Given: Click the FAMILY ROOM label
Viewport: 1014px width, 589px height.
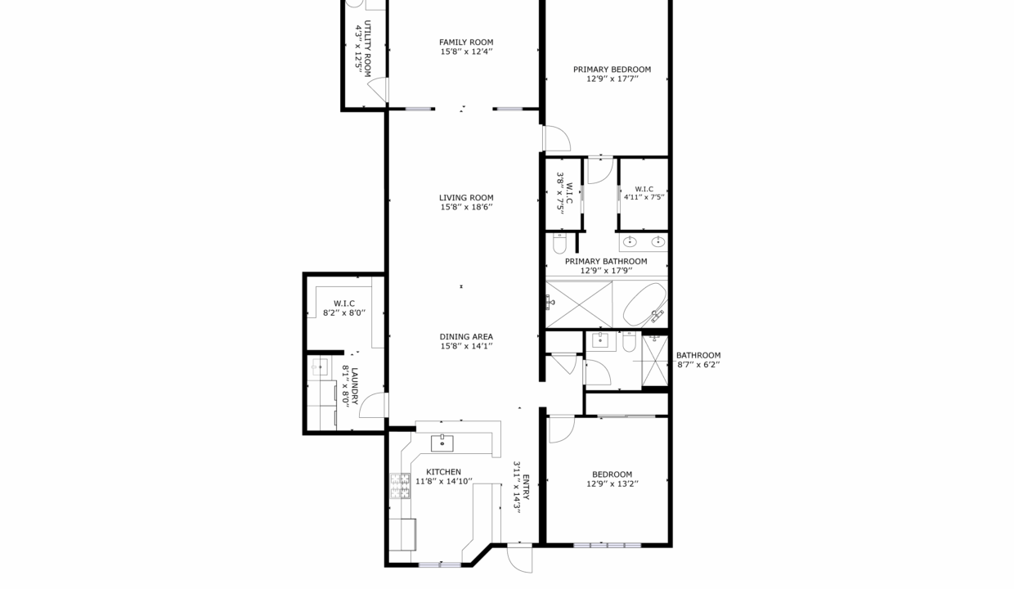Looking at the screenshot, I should (x=465, y=43).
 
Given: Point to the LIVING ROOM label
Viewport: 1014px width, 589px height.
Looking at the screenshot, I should (x=465, y=197).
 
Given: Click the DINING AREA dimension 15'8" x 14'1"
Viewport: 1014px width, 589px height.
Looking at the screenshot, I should (x=465, y=347).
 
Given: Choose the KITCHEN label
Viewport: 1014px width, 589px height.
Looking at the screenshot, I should (x=443, y=472).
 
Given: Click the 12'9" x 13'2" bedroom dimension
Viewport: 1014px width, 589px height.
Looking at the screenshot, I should (x=612, y=484).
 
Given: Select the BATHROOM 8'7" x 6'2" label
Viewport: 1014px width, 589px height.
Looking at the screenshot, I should (x=698, y=355).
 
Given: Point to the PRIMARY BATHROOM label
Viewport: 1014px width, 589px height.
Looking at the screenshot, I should (x=606, y=262).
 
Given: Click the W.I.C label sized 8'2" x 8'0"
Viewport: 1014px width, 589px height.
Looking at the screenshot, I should (x=343, y=303).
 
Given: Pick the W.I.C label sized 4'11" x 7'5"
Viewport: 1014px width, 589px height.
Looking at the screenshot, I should (x=644, y=189).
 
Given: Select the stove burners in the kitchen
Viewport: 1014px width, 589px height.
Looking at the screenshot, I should (x=400, y=486).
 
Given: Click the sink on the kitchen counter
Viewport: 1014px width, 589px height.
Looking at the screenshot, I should (x=442, y=443).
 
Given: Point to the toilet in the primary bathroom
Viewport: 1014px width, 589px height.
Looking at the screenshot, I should (x=559, y=244).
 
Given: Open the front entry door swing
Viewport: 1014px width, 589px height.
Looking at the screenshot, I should (x=518, y=559).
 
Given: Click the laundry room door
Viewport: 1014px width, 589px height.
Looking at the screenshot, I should (x=375, y=406).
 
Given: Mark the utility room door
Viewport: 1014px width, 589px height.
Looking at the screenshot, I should (x=377, y=91).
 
